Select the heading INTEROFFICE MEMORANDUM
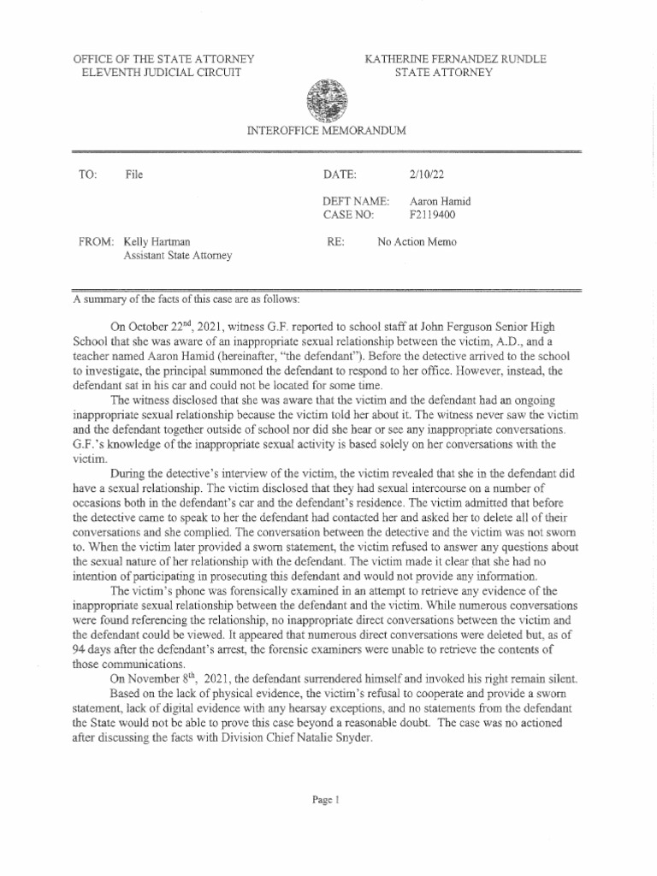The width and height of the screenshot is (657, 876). (x=325, y=130)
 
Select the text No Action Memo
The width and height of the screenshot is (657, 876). (x=418, y=242)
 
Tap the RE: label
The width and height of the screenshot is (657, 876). (x=335, y=242)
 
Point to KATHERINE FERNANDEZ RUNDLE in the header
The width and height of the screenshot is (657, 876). (x=455, y=59)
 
